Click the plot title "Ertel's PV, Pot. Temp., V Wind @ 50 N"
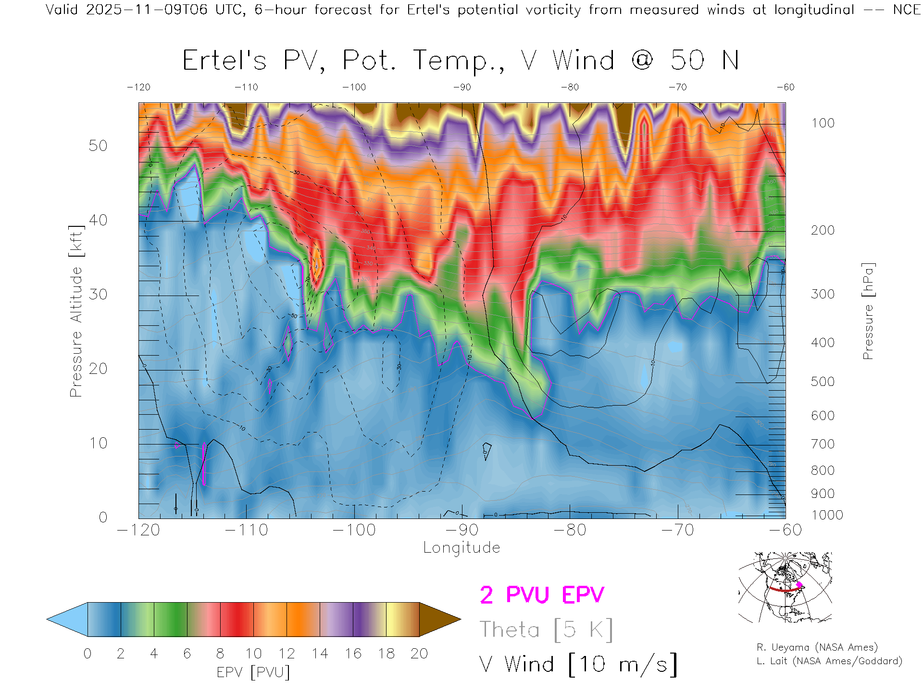point(460,61)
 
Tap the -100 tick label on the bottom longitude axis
point(354,530)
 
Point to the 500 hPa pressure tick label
point(823,382)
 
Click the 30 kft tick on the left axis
point(98,294)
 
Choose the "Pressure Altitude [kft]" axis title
point(76,311)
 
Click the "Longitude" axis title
point(461,548)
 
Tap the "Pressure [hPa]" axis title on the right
point(868,311)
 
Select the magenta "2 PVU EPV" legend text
point(542,595)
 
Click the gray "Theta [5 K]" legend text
point(546,630)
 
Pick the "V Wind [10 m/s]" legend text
point(578,665)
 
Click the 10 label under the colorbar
point(253,654)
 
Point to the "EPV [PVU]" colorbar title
point(253,672)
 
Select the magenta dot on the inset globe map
point(799,585)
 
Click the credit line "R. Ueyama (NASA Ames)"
point(817,647)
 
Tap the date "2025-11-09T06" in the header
point(147,10)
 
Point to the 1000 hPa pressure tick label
point(827,515)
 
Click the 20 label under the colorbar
point(419,654)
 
